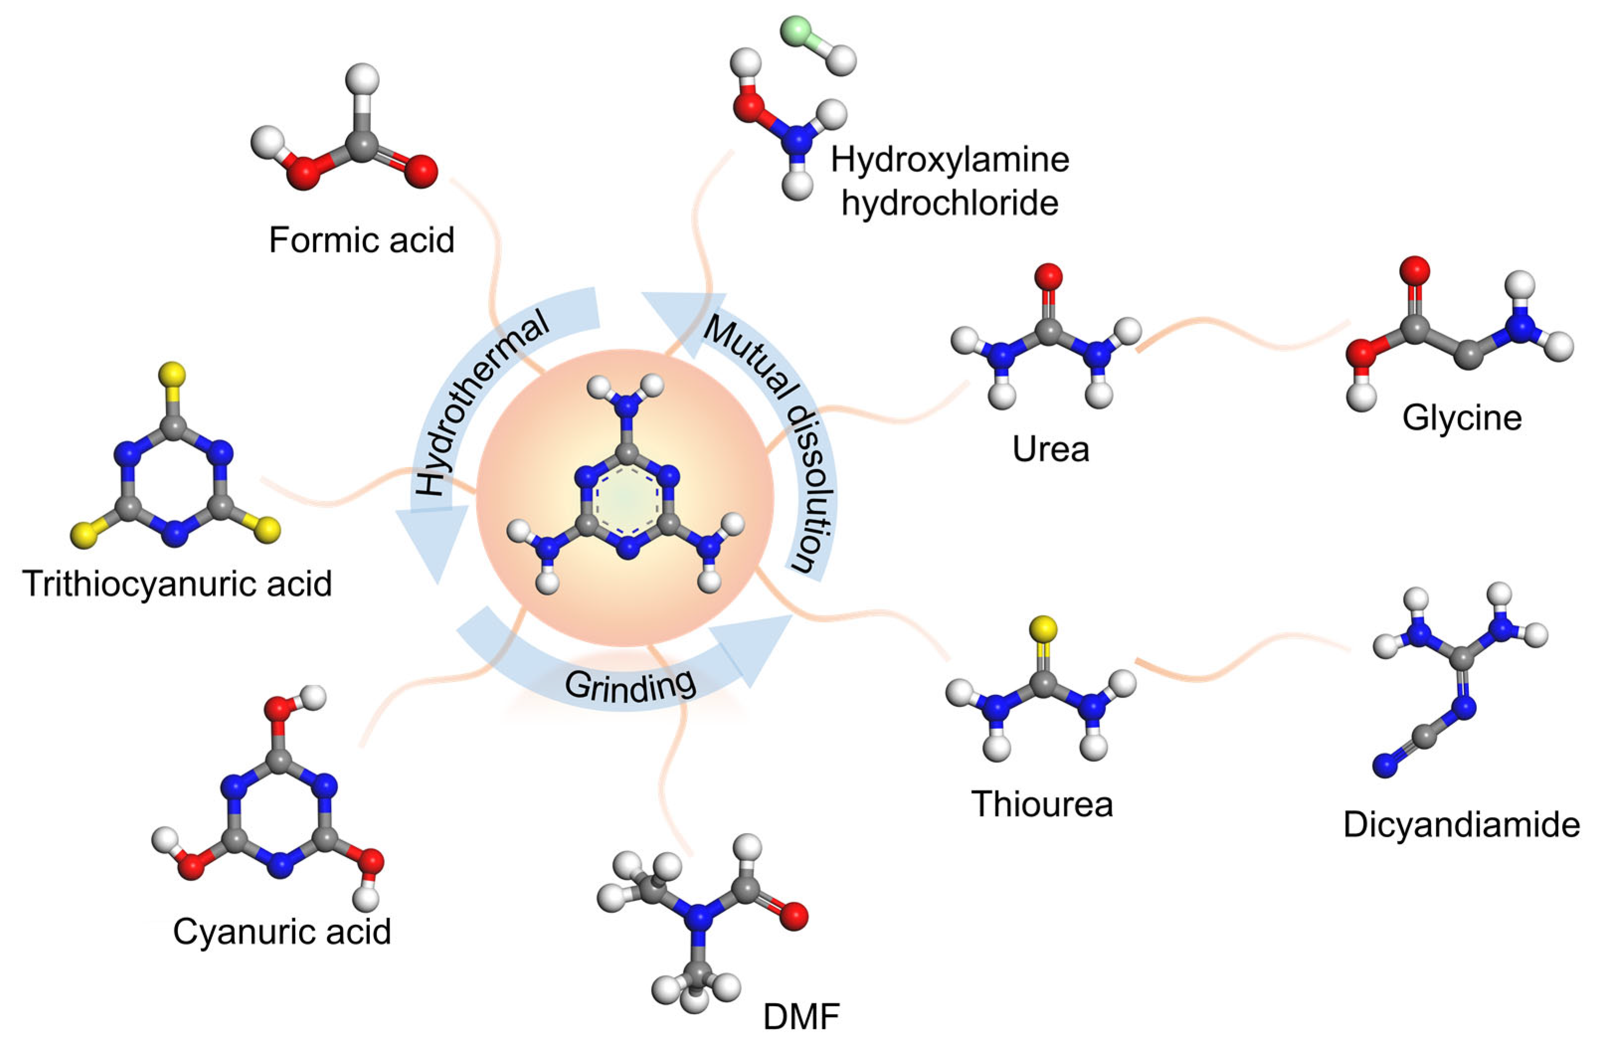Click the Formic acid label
click(x=361, y=240)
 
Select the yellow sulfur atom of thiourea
click(x=1043, y=629)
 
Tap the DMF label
click(x=801, y=1016)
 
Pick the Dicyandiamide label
click(x=1461, y=824)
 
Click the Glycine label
click(x=1462, y=417)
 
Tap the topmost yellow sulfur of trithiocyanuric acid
click(x=172, y=373)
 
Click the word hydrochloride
click(x=949, y=202)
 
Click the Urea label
click(x=1051, y=449)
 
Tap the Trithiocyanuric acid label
click(x=177, y=583)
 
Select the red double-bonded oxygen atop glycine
click(x=1415, y=270)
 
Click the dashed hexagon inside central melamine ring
click(x=627, y=500)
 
